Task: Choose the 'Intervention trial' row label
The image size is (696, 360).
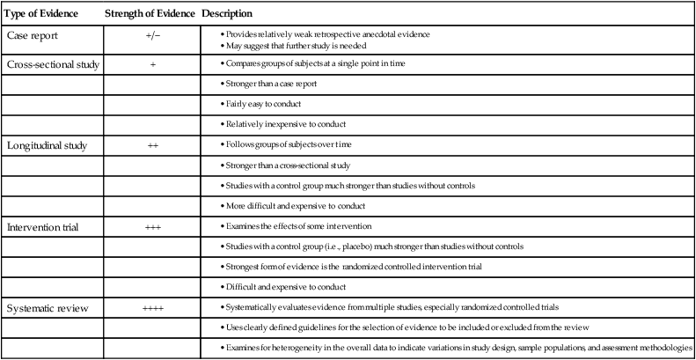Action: tap(42, 227)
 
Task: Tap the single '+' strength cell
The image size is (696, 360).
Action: tap(152, 65)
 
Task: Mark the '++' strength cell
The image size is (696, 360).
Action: tap(152, 144)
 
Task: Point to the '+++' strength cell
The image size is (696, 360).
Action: tap(152, 227)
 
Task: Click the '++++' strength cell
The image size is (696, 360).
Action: tap(152, 309)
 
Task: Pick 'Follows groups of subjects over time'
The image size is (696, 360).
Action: tap(292, 144)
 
